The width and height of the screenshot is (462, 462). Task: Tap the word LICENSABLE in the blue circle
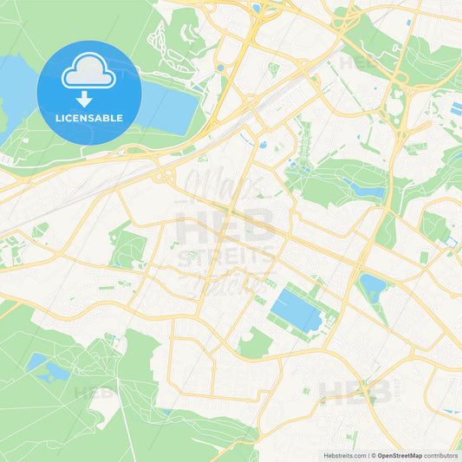click(89, 117)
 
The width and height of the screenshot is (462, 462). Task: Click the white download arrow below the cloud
click(89, 99)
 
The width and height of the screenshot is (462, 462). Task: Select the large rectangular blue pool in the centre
click(296, 309)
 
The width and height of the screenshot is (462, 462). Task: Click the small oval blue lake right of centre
click(372, 284)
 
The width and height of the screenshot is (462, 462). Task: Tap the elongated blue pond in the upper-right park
click(363, 186)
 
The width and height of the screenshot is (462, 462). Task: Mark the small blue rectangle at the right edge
click(456, 109)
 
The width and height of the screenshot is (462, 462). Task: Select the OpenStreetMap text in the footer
click(400, 454)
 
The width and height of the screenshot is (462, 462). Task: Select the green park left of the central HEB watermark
click(129, 246)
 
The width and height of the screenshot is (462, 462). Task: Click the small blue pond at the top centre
click(257, 9)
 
